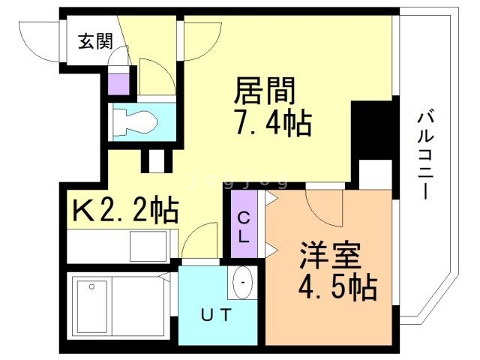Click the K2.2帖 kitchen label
pos(125,211)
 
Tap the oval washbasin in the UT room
pos(244,284)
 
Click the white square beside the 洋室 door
pos(376,174)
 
